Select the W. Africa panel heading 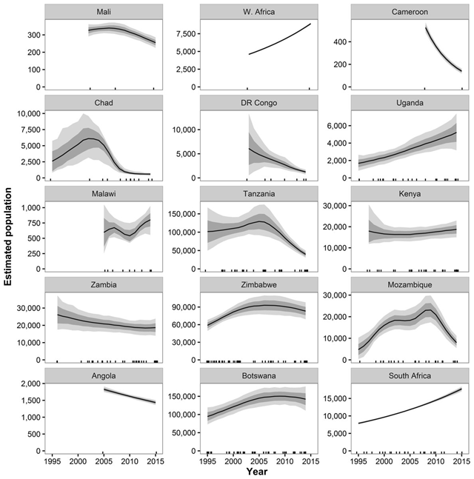(255, 12)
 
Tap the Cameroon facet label (405, 12)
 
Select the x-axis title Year (256, 472)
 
